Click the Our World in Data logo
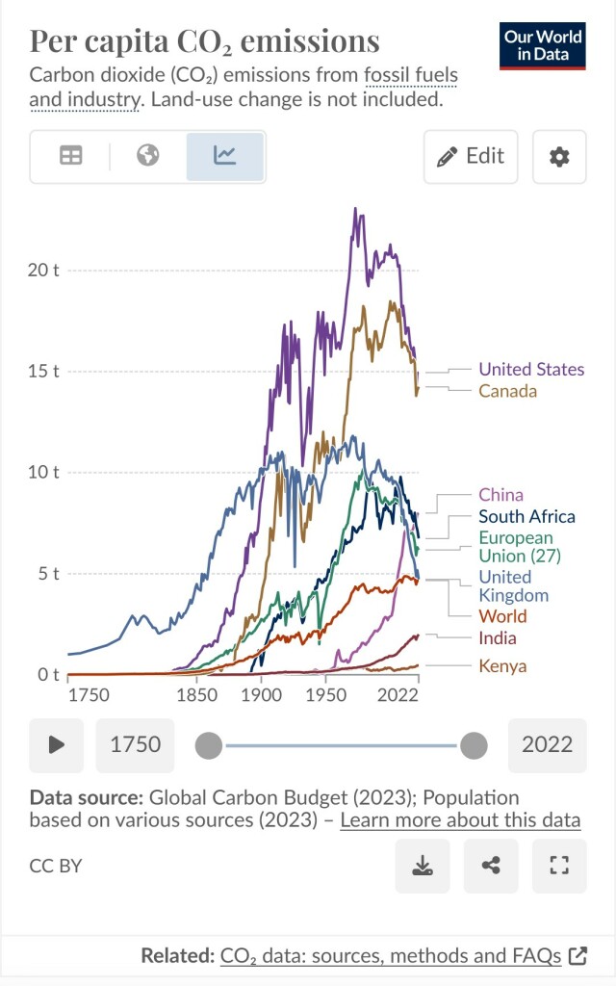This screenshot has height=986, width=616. point(542,45)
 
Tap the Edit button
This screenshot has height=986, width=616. point(471,156)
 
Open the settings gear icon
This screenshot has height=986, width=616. point(559,156)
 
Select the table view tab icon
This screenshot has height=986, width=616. point(71,155)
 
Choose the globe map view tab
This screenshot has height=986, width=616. point(148,155)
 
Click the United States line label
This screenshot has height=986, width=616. point(530,369)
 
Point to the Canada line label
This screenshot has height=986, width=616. point(507,391)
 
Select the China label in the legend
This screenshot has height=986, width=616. point(500,495)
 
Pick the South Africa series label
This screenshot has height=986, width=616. point(526,517)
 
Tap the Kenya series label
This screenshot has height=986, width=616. point(501,665)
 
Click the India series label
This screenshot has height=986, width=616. point(497,637)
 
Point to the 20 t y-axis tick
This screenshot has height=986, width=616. point(43,270)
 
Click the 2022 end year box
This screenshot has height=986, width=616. point(547,744)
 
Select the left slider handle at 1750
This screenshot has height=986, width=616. point(209,745)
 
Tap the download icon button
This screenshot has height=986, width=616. point(422,866)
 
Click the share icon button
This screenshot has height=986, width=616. point(491,866)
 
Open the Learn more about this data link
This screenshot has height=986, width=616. point(460,820)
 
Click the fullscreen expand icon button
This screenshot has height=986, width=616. point(559,866)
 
